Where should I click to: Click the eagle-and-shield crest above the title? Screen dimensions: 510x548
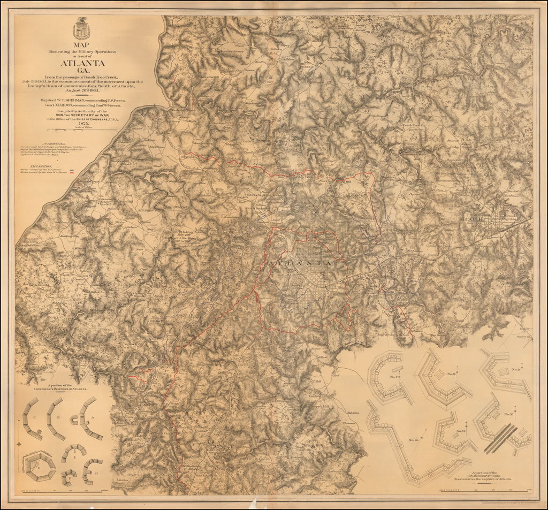(x=81, y=28)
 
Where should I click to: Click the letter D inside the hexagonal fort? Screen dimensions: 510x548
(x=39, y=467)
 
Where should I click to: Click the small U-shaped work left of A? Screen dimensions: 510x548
(x=73, y=420)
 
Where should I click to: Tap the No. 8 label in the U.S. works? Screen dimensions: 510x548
(x=451, y=373)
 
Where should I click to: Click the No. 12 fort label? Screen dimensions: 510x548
(x=413, y=440)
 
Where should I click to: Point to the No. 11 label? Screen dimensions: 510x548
(x=461, y=431)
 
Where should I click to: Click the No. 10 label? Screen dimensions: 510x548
(x=508, y=415)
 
